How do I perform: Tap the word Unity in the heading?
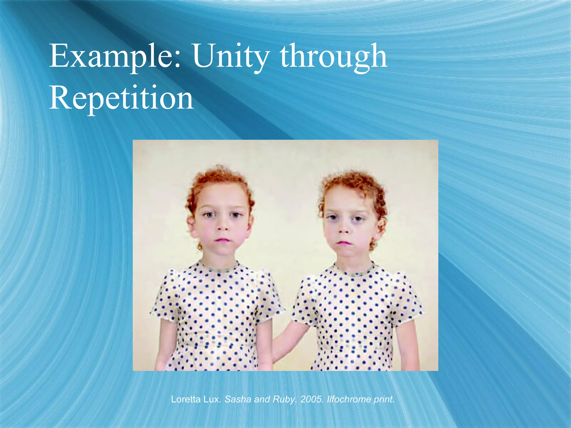click(231, 56)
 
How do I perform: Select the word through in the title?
click(333, 56)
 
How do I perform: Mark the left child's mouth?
click(223, 240)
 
